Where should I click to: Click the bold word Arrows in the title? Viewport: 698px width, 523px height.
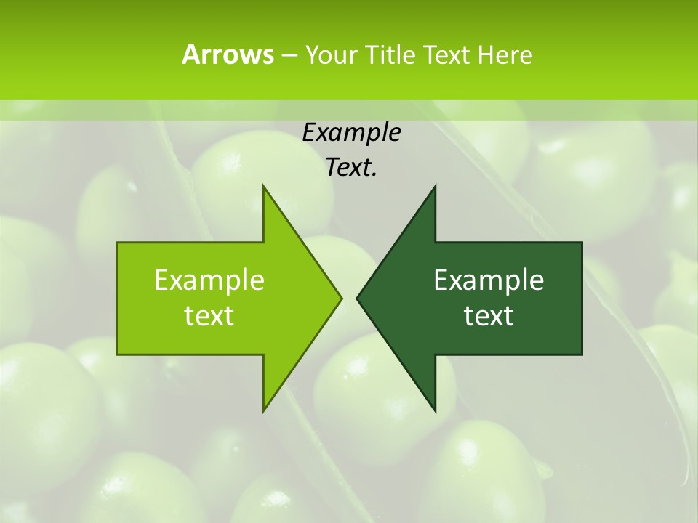(x=228, y=54)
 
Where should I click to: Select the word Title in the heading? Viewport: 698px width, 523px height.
(x=395, y=54)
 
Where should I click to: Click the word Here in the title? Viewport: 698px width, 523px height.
(x=505, y=54)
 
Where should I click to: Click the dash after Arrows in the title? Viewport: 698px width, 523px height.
(x=289, y=55)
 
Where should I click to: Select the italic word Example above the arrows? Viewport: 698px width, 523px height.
(x=352, y=133)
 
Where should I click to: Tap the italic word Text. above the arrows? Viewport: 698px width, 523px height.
(x=352, y=168)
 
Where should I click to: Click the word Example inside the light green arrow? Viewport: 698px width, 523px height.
(x=209, y=280)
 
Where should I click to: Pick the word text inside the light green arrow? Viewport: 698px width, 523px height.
(x=209, y=316)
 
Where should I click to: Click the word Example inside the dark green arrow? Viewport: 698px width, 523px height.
(x=489, y=280)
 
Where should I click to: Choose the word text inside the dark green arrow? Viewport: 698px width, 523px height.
(x=489, y=316)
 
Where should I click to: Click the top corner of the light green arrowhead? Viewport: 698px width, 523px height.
(x=263, y=186)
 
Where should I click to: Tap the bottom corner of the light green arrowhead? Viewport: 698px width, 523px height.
(x=263, y=410)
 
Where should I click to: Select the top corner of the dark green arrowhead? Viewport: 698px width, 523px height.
(x=435, y=186)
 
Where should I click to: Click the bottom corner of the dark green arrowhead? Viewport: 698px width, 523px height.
(x=435, y=410)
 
